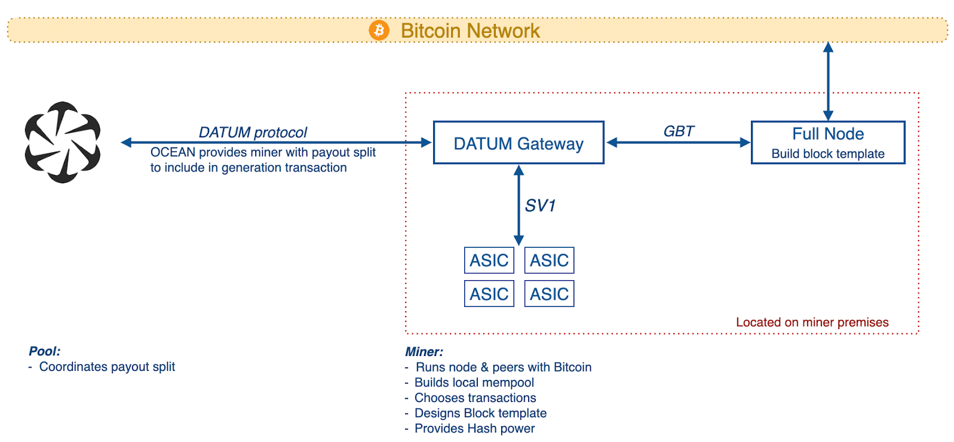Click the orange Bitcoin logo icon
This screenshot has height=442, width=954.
[379, 30]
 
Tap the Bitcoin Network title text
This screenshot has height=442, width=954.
[470, 31]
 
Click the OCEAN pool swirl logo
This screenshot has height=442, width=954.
[63, 142]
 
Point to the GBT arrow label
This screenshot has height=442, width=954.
[679, 131]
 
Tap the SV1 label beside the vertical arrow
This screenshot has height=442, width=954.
[540, 205]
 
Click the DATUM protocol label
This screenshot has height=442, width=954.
[253, 133]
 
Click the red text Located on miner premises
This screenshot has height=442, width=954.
[812, 323]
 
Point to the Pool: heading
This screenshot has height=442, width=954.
[45, 351]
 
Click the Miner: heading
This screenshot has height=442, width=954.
[424, 352]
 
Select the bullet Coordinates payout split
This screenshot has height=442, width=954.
[102, 367]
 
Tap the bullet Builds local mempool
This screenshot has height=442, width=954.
[470, 382]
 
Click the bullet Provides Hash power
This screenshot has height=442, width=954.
[470, 428]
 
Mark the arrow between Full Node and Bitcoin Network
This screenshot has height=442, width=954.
[828, 81]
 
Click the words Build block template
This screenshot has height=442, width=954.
[828, 154]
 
